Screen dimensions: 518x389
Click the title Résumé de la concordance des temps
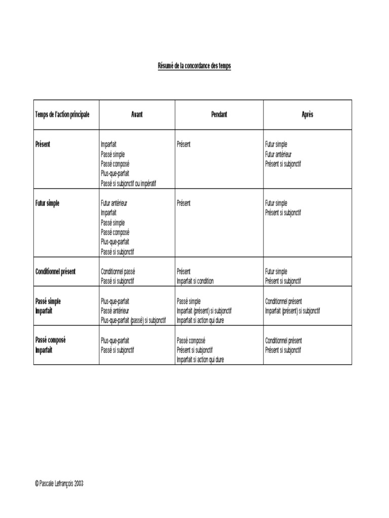click(x=194, y=66)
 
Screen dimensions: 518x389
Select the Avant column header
click(x=137, y=114)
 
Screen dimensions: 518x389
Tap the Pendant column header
click(x=219, y=114)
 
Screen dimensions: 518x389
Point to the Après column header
click(x=307, y=114)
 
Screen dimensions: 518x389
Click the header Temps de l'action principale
click(x=62, y=114)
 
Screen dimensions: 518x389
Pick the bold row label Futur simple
click(x=47, y=203)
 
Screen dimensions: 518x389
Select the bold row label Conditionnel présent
click(x=55, y=272)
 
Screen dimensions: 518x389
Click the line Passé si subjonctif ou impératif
click(x=128, y=184)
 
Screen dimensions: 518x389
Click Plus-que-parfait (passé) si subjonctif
click(x=133, y=320)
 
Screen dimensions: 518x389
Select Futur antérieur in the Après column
click(x=278, y=154)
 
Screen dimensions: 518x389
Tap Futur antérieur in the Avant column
click(x=114, y=203)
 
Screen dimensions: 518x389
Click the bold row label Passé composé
click(x=50, y=340)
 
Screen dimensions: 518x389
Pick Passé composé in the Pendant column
click(x=191, y=340)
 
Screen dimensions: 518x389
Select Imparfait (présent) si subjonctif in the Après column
click(x=292, y=311)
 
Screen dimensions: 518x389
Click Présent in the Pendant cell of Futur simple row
click(x=184, y=203)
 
